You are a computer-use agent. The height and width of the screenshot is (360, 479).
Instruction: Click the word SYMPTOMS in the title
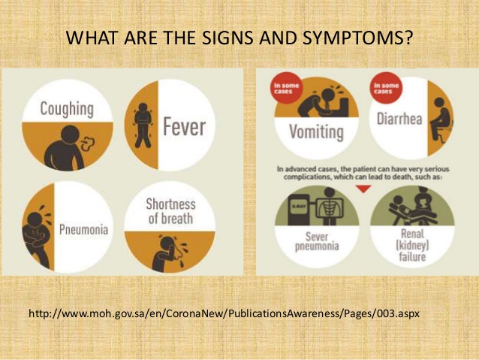click(357, 38)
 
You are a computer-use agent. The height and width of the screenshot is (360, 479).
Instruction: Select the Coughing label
click(67, 109)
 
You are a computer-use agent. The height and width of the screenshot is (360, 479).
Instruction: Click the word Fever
click(184, 126)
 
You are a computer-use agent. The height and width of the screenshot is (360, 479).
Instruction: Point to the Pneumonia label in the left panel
click(83, 229)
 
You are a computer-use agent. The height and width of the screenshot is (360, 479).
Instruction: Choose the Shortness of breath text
click(170, 211)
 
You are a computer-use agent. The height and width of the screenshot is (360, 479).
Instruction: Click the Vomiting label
click(317, 132)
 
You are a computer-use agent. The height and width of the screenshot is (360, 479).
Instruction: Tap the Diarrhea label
click(399, 119)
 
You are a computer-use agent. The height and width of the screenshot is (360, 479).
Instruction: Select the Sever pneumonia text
click(317, 241)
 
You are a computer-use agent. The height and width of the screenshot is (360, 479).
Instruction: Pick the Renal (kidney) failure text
click(412, 245)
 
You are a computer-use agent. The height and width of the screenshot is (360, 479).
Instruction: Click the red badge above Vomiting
click(286, 88)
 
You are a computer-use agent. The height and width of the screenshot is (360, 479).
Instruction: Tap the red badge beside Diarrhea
click(386, 88)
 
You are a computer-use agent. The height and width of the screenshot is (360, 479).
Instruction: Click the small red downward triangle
click(363, 189)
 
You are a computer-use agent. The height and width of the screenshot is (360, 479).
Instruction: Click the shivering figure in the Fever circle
click(143, 125)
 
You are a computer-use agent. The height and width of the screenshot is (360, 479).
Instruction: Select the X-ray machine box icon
click(299, 210)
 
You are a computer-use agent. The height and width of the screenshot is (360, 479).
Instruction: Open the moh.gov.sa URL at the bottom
click(224, 313)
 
